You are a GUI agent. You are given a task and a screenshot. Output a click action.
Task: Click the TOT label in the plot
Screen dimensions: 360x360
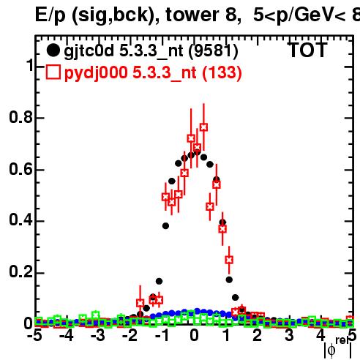pyautogui.click(x=308, y=50)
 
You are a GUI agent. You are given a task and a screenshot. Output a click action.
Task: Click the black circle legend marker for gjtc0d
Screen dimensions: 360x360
pyautogui.click(x=53, y=50)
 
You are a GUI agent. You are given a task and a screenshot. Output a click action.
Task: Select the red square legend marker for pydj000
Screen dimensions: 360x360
pyautogui.click(x=53, y=72)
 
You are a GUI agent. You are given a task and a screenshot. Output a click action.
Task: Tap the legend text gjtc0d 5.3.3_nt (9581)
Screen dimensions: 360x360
pyautogui.click(x=151, y=51)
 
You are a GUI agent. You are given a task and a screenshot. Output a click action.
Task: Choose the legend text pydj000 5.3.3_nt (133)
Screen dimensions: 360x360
pyautogui.click(x=153, y=73)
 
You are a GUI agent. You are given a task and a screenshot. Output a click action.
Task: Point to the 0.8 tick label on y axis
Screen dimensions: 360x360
pyautogui.click(x=20, y=117)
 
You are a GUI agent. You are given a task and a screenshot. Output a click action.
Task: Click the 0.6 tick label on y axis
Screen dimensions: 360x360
pyautogui.click(x=20, y=169)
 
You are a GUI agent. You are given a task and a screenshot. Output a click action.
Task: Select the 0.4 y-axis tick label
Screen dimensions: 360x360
pyautogui.click(x=20, y=220)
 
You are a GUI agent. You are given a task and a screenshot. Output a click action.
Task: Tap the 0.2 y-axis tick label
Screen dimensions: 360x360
pyautogui.click(x=20, y=271)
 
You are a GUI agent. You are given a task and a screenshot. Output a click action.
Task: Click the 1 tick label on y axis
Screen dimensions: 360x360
pyautogui.click(x=29, y=65)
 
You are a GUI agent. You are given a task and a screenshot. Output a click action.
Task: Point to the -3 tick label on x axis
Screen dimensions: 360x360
pyautogui.click(x=98, y=335)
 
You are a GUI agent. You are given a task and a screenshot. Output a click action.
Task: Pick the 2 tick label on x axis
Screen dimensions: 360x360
pyautogui.click(x=257, y=335)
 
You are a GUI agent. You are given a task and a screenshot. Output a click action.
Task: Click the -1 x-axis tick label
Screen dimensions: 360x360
pyautogui.click(x=162, y=335)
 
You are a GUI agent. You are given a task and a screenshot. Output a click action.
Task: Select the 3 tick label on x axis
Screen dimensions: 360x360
pyautogui.click(x=289, y=335)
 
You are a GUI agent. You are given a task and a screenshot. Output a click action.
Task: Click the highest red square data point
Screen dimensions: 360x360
pyautogui.click(x=203, y=127)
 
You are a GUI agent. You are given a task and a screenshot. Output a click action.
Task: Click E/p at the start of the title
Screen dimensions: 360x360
pyautogui.click(x=50, y=16)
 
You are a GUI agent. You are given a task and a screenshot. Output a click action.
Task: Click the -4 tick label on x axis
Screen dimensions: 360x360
pyautogui.click(x=66, y=335)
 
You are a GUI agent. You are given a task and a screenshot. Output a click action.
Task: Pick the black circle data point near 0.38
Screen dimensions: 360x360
pyautogui.click(x=165, y=226)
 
